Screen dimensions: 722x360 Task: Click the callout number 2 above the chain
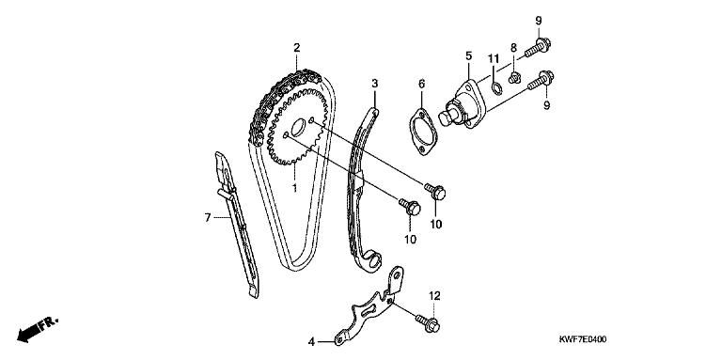point(296,47)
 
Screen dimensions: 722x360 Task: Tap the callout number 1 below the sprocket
point(294,188)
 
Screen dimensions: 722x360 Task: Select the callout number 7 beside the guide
point(208,217)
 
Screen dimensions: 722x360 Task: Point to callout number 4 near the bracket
point(312,342)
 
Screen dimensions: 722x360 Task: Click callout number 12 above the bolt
point(434,295)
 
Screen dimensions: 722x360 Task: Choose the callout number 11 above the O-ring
point(494,58)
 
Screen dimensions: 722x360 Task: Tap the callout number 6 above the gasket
point(422,84)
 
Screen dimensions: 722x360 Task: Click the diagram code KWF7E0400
point(583,339)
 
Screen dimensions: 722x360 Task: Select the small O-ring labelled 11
point(496,86)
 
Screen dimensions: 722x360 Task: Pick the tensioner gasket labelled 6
point(422,132)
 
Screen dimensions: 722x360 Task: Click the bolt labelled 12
point(428,322)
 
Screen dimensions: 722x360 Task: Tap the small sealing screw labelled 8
point(514,78)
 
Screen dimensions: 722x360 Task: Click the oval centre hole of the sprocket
point(298,128)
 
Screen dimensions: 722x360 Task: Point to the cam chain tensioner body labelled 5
point(462,105)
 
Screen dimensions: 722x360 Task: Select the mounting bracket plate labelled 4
point(369,308)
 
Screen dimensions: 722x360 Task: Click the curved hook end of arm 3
point(372,261)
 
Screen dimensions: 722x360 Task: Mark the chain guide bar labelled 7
point(238,225)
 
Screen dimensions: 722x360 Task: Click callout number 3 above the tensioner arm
point(375,84)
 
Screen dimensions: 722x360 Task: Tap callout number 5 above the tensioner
point(469,56)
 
